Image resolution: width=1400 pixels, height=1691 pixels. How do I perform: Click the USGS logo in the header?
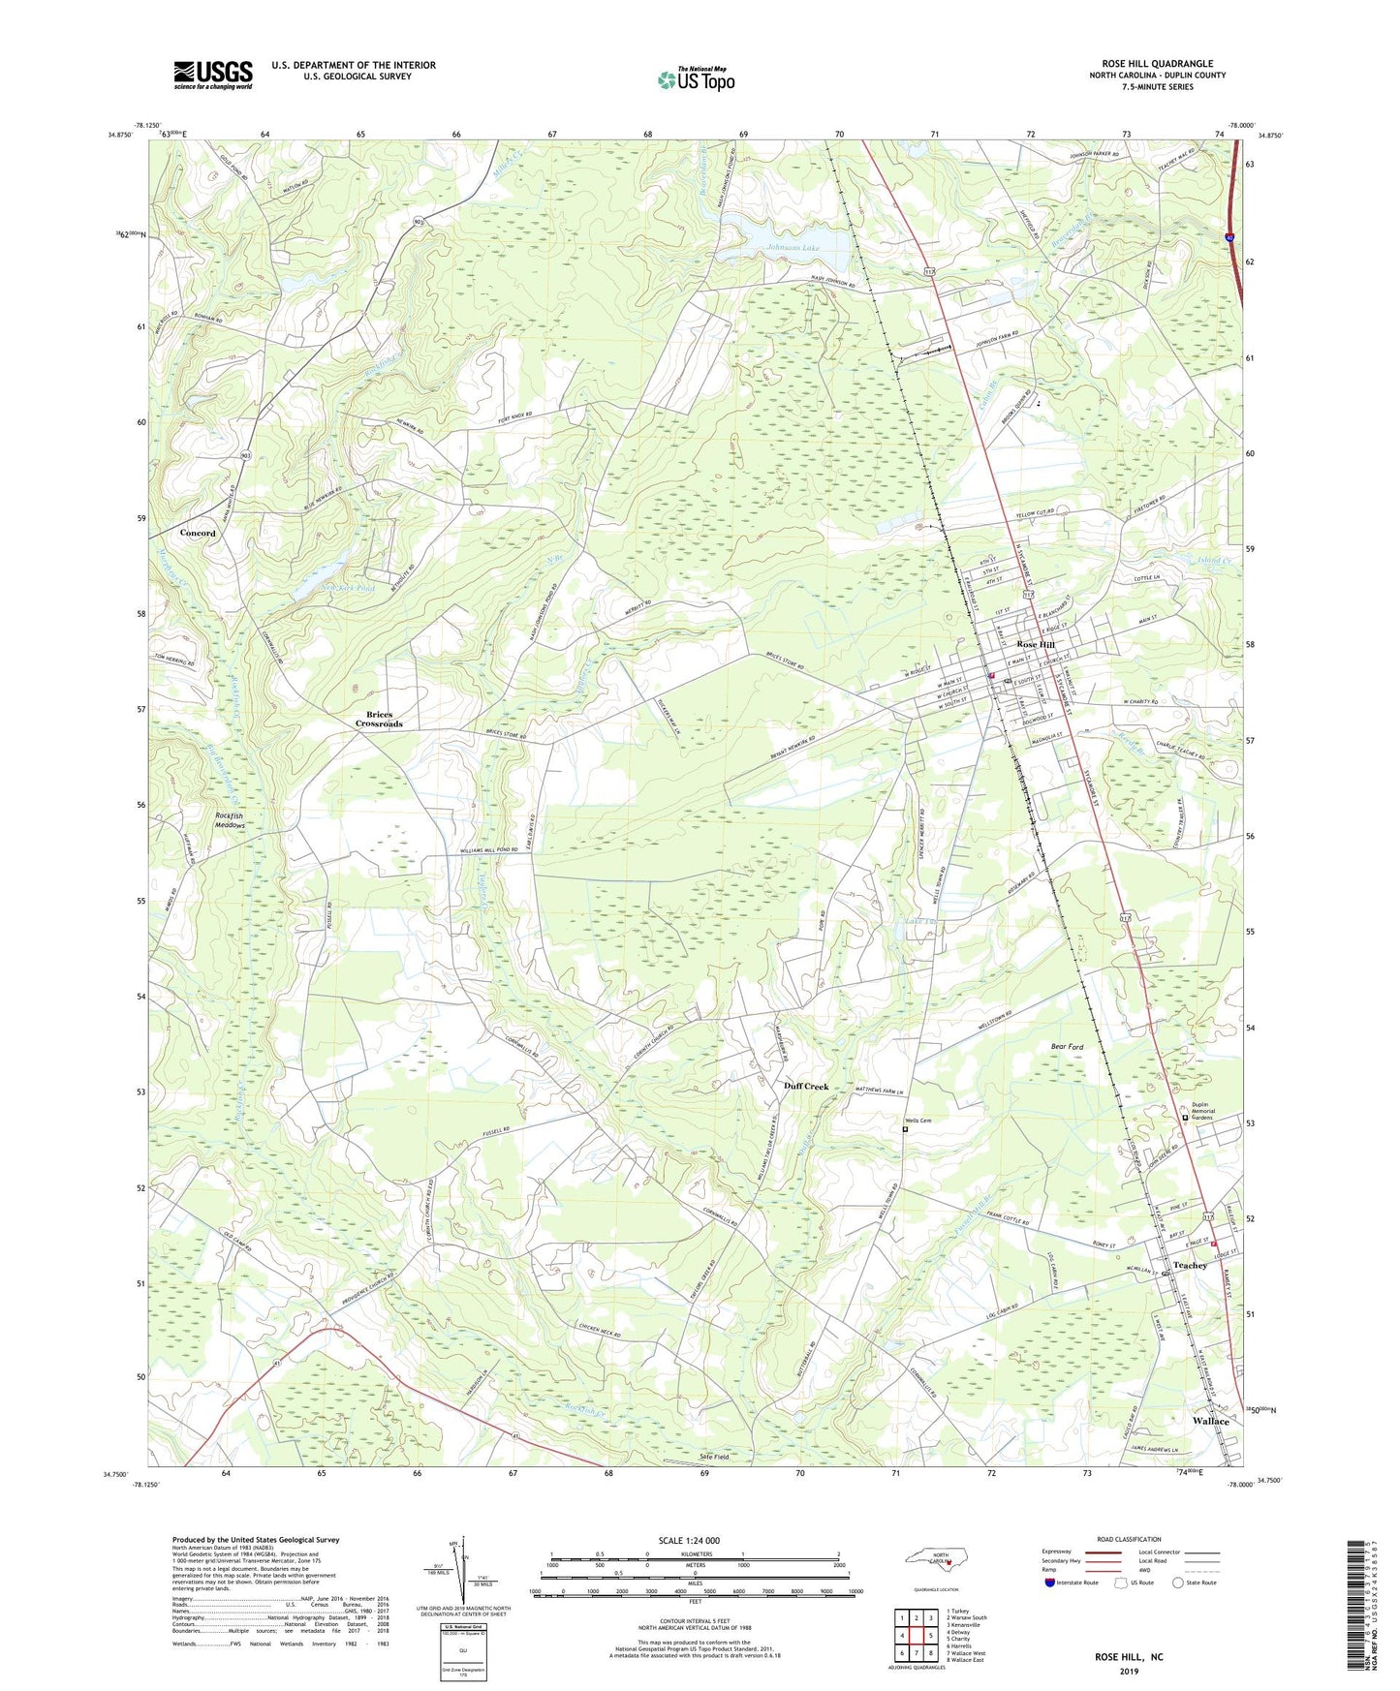point(213,75)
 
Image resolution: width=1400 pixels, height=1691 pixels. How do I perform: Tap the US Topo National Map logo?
point(696,79)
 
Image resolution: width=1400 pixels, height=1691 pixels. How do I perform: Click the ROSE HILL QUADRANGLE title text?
point(1157,64)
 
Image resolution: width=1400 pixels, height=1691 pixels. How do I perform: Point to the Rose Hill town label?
point(1035,644)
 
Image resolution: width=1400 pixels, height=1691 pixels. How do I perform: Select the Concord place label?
point(198,533)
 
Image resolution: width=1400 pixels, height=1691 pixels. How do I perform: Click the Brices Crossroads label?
point(378,720)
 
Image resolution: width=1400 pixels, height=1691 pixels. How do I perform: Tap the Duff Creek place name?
point(806,1087)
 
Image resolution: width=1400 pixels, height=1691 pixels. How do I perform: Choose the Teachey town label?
point(1190,1265)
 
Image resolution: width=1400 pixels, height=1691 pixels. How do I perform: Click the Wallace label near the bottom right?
point(1210,1421)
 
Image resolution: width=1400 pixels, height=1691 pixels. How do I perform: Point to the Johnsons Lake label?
point(793,248)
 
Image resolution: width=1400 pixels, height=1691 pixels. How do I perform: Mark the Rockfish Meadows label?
point(230,821)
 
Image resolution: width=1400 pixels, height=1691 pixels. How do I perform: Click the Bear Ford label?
point(1067,1047)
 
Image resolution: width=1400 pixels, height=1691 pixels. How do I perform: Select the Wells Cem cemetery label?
point(912,1121)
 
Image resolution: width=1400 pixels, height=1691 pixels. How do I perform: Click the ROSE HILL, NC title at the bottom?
point(1129,1657)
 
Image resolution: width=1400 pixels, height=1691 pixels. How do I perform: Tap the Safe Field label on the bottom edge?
point(715,1457)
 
